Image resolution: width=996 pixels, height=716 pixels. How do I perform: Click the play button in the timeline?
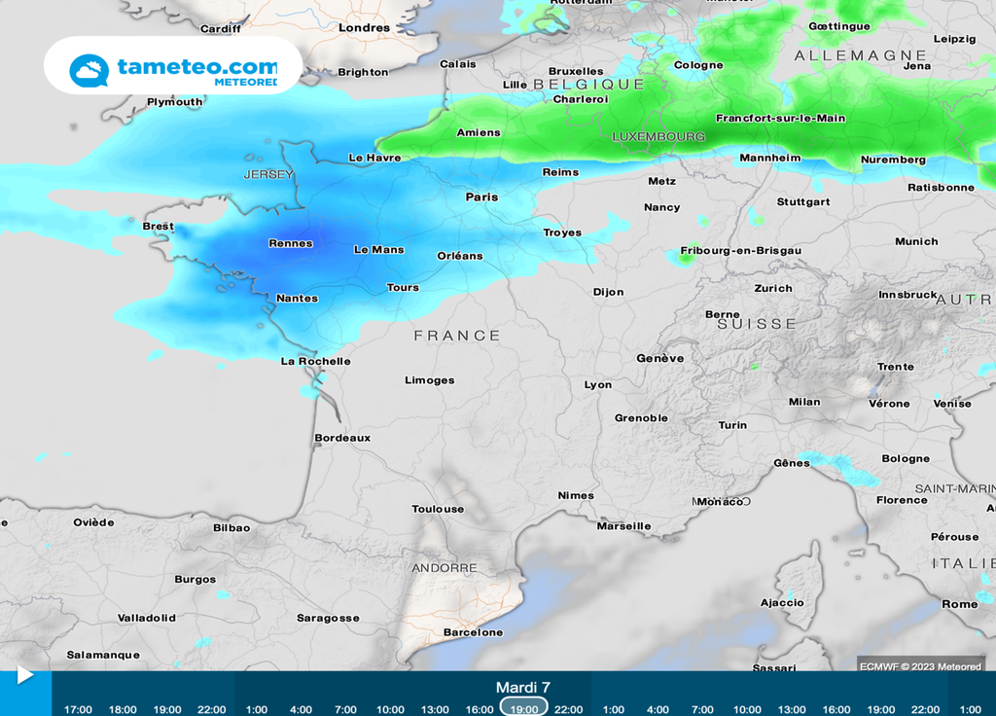(x=24, y=675)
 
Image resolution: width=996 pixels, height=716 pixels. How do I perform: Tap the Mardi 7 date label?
(x=523, y=688)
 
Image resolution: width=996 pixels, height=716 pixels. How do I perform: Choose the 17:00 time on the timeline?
(x=78, y=709)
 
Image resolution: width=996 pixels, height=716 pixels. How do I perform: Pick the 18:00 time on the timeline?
(x=123, y=709)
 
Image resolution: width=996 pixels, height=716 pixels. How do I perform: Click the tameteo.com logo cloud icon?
(x=89, y=70)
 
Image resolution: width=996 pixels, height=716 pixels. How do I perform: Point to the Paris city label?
(x=481, y=197)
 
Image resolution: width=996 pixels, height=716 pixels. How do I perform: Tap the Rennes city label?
(x=290, y=243)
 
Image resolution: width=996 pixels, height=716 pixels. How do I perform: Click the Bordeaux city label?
(x=342, y=438)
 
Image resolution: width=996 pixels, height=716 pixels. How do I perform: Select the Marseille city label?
(x=623, y=526)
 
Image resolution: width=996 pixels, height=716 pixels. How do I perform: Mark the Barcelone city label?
(x=473, y=632)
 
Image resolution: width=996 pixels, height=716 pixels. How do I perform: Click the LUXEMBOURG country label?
(x=658, y=137)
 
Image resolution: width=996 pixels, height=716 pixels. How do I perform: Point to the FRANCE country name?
(x=457, y=336)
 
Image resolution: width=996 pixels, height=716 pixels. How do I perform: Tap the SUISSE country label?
(x=757, y=324)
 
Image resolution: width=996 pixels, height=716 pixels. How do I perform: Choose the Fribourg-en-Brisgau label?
(x=741, y=251)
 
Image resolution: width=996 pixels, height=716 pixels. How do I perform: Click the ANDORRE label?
(x=445, y=568)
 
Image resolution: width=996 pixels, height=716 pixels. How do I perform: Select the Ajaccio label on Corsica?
(x=782, y=602)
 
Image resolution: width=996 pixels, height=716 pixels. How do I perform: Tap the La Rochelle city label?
(x=315, y=361)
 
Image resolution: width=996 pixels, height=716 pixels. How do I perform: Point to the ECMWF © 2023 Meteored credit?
(x=920, y=666)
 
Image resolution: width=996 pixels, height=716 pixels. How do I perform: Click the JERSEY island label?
(x=267, y=174)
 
